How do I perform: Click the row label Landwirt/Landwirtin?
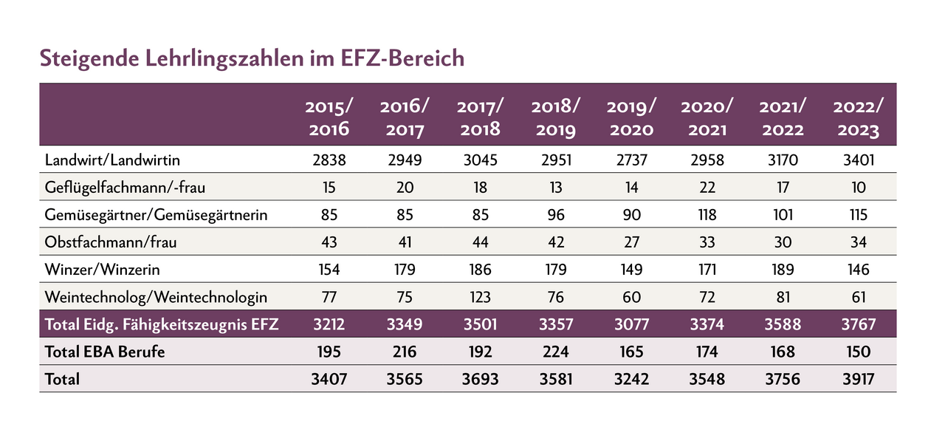point(112,160)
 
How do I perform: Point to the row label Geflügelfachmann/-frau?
point(123,187)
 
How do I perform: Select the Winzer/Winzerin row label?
point(102,269)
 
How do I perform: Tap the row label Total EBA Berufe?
point(105,352)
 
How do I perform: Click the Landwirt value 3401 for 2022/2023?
point(856,160)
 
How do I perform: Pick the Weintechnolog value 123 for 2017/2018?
point(479,297)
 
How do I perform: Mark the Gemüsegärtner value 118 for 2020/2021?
point(707,215)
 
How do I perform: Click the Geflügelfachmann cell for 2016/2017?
point(404,187)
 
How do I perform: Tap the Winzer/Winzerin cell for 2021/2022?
point(780,269)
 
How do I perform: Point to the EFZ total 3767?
point(856,324)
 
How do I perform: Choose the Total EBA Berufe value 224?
point(555,352)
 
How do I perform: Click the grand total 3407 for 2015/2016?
point(329,380)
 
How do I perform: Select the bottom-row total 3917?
point(856,380)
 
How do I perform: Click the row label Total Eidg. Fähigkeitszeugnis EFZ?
point(162,324)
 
